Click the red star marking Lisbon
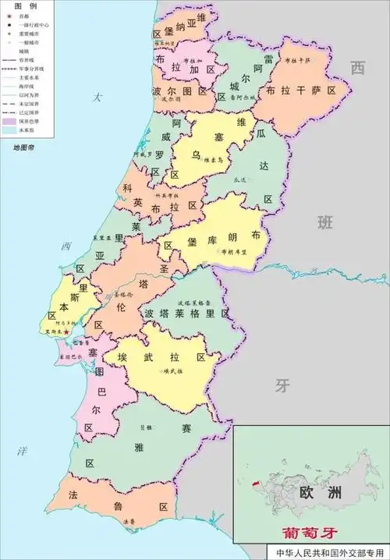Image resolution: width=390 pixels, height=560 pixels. (x=67, y=332)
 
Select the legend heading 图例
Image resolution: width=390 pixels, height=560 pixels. (x=26, y=5)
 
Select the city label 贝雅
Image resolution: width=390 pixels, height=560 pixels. (x=146, y=427)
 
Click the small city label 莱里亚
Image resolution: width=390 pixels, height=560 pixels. (x=104, y=237)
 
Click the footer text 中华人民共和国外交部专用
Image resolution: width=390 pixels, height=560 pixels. (x=330, y=552)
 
